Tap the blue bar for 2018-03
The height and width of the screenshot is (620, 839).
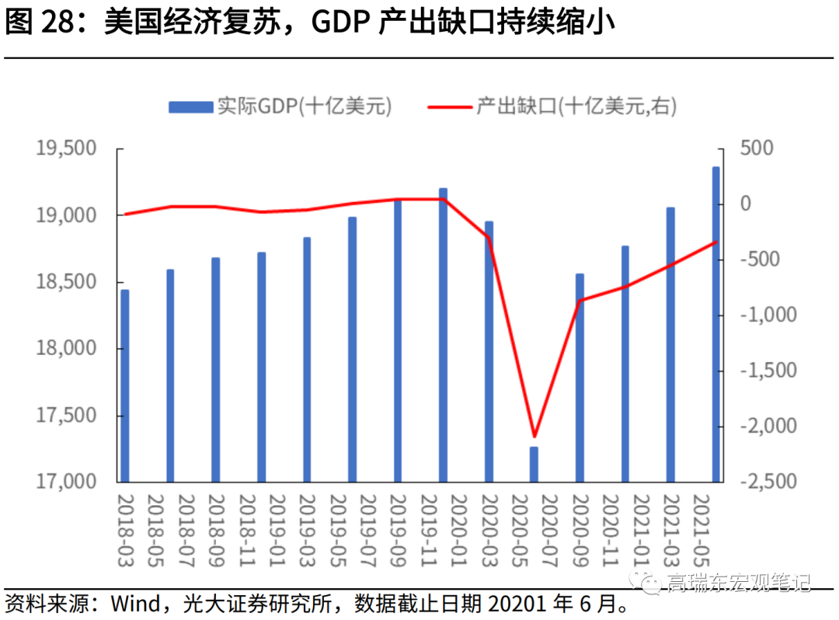click(125, 385)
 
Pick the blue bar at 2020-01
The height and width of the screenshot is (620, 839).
click(444, 335)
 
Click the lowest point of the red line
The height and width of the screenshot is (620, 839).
click(534, 437)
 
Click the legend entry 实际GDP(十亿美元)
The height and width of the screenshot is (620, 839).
click(280, 106)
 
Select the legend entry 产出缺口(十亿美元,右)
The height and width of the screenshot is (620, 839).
click(552, 106)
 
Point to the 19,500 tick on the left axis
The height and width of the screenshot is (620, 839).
click(65, 148)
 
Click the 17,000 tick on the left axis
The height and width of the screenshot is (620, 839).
click(65, 482)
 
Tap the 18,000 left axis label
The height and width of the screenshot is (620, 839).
click(65, 349)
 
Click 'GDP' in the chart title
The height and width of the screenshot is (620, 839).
click(339, 23)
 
